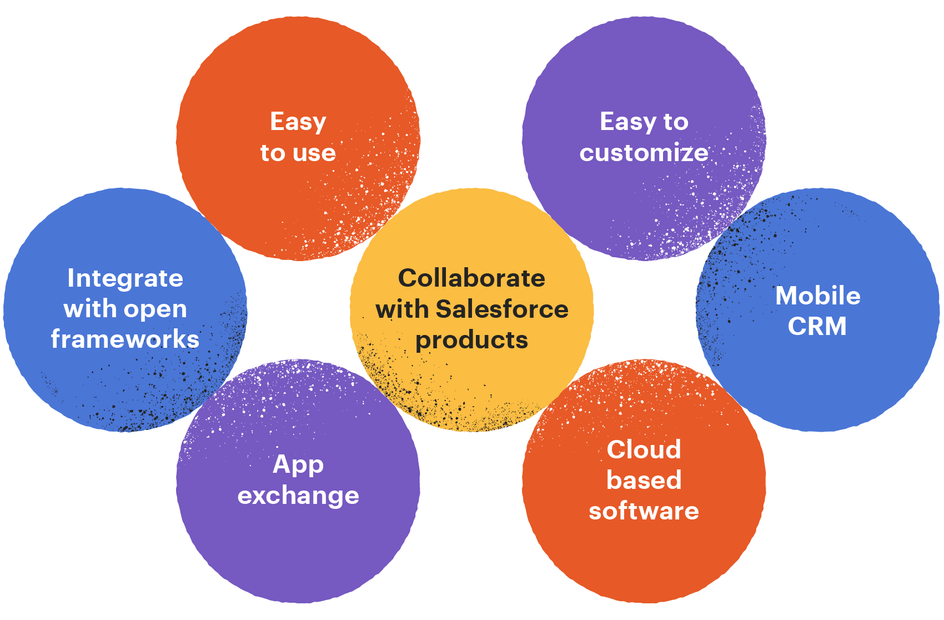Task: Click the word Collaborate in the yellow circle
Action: pyautogui.click(x=471, y=278)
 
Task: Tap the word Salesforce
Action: pyautogui.click(x=502, y=309)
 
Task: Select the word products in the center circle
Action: pyautogui.click(x=471, y=341)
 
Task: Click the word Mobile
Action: pyautogui.click(x=817, y=296)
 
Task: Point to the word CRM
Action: pyautogui.click(x=817, y=327)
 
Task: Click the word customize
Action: pyautogui.click(x=644, y=153)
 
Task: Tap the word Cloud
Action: pyautogui.click(x=644, y=449)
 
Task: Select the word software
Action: pyautogui.click(x=644, y=511)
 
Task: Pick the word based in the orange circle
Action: pyautogui.click(x=644, y=480)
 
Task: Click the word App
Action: pyautogui.click(x=298, y=464)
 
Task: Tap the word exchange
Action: pyautogui.click(x=298, y=496)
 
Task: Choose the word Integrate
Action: pyautogui.click(x=125, y=278)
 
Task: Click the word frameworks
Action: pyautogui.click(x=125, y=339)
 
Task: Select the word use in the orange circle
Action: pyautogui.click(x=314, y=153)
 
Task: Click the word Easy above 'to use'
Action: pyautogui.click(x=298, y=122)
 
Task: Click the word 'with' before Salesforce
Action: pyautogui.click(x=402, y=309)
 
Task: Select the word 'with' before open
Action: pyautogui.click(x=89, y=309)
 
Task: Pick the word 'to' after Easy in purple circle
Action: pyautogui.click(x=676, y=122)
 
